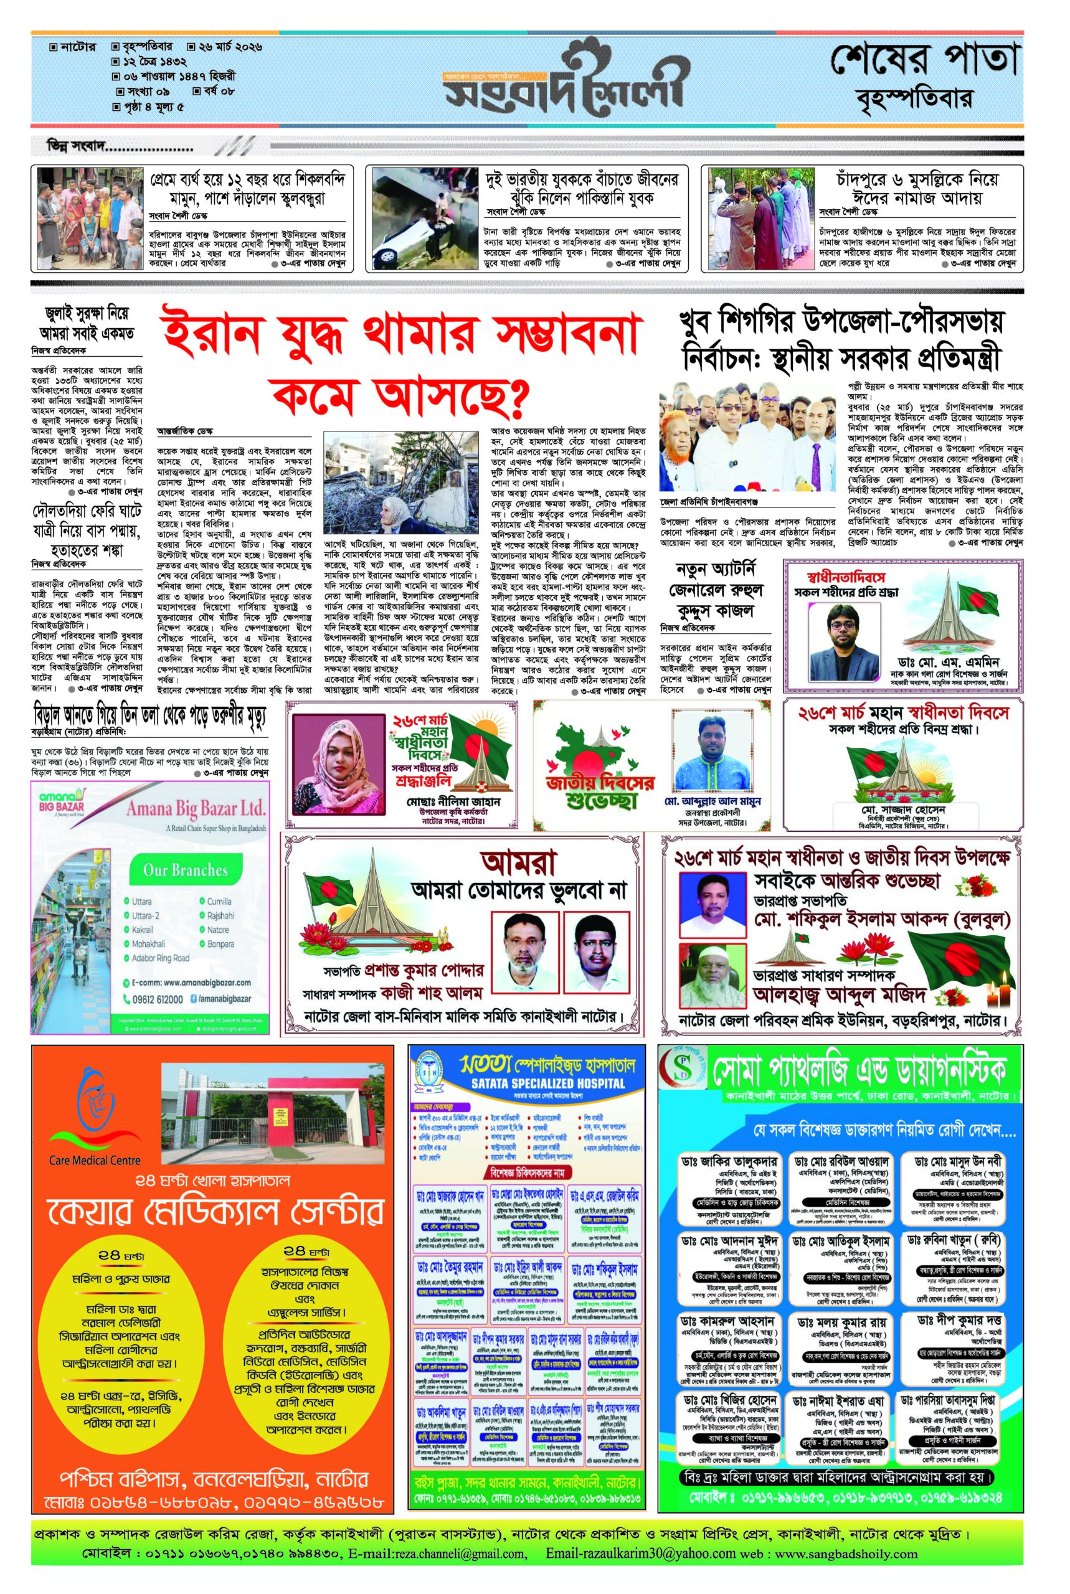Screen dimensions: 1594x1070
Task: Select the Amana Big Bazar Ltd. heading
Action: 194,809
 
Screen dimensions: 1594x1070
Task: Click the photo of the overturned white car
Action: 424,219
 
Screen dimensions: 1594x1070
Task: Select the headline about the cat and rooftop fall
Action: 150,717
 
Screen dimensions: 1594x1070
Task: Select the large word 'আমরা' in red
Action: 518,862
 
